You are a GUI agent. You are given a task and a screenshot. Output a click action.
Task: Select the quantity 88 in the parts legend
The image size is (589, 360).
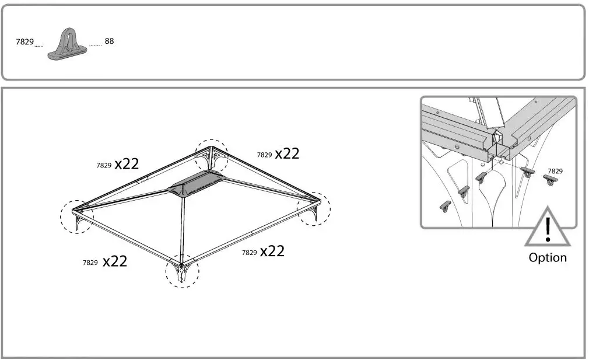(109, 41)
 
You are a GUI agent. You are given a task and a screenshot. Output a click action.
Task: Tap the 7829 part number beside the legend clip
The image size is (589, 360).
(24, 43)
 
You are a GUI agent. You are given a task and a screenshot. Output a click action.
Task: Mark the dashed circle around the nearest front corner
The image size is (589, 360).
(182, 272)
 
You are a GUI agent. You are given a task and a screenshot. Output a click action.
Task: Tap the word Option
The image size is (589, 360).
(547, 257)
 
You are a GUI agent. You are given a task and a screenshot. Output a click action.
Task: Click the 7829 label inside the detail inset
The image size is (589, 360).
(555, 171)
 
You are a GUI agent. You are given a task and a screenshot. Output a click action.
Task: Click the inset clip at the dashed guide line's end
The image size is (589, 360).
(527, 173)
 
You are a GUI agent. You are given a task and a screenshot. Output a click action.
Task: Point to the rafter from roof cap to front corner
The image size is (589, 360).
(184, 228)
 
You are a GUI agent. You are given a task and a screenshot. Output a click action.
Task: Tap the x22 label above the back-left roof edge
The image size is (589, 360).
(127, 164)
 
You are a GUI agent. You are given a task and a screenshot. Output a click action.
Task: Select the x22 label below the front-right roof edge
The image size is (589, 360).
(272, 251)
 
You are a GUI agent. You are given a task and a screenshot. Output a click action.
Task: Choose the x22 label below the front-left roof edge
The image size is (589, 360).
(115, 261)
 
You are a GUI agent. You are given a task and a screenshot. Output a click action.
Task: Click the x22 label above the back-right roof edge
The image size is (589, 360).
(287, 153)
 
